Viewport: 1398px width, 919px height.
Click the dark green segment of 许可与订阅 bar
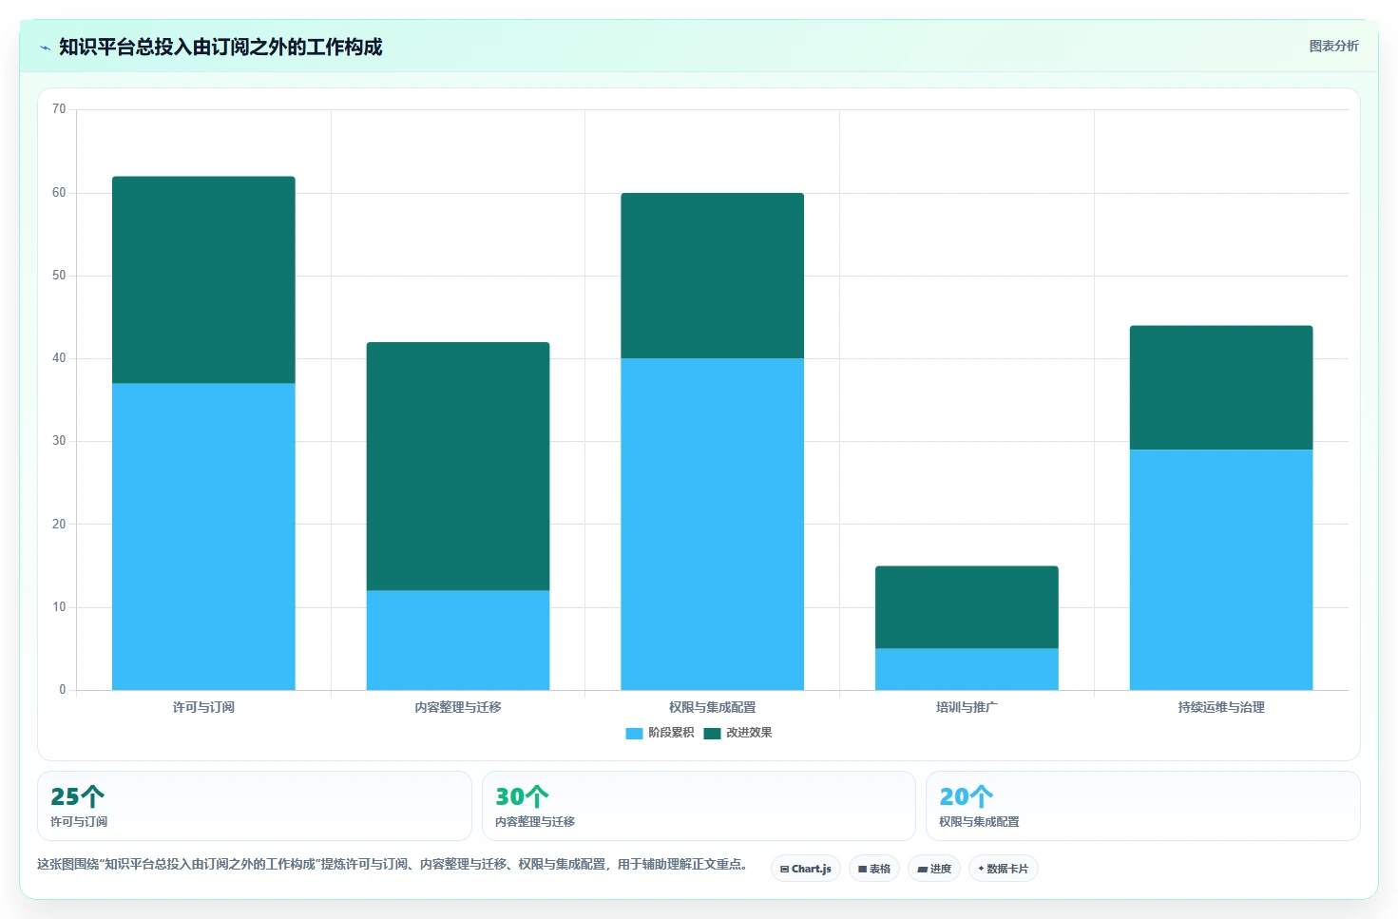[x=203, y=279]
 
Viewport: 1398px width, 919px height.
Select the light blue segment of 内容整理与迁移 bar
[x=457, y=641]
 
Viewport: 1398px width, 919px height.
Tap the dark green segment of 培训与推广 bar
[x=967, y=607]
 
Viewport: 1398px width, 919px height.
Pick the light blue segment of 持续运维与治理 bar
[x=1220, y=569]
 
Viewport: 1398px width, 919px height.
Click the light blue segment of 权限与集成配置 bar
[x=712, y=524]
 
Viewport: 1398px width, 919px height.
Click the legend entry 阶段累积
[x=660, y=733]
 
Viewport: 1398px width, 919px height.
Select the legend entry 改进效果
[x=737, y=733]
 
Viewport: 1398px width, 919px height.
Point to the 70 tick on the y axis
[x=59, y=109]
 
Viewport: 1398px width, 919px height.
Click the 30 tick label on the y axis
[x=59, y=440]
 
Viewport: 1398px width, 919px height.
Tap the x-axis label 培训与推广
[x=967, y=707]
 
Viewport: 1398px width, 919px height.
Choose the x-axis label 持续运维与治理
[x=1220, y=707]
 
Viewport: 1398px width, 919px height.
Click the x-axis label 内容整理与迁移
[x=457, y=707]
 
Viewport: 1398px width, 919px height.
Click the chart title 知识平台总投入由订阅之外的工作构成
[x=220, y=47]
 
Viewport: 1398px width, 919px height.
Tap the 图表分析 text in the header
[x=1333, y=47]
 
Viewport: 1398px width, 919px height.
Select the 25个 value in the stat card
[x=77, y=796]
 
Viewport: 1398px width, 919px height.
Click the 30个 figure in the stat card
[x=522, y=796]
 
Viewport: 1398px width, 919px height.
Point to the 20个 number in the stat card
[x=967, y=796]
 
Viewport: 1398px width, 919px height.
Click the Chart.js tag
[x=806, y=869]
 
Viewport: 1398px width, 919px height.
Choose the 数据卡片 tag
[x=1003, y=869]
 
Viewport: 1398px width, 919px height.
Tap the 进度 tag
[x=933, y=869]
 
